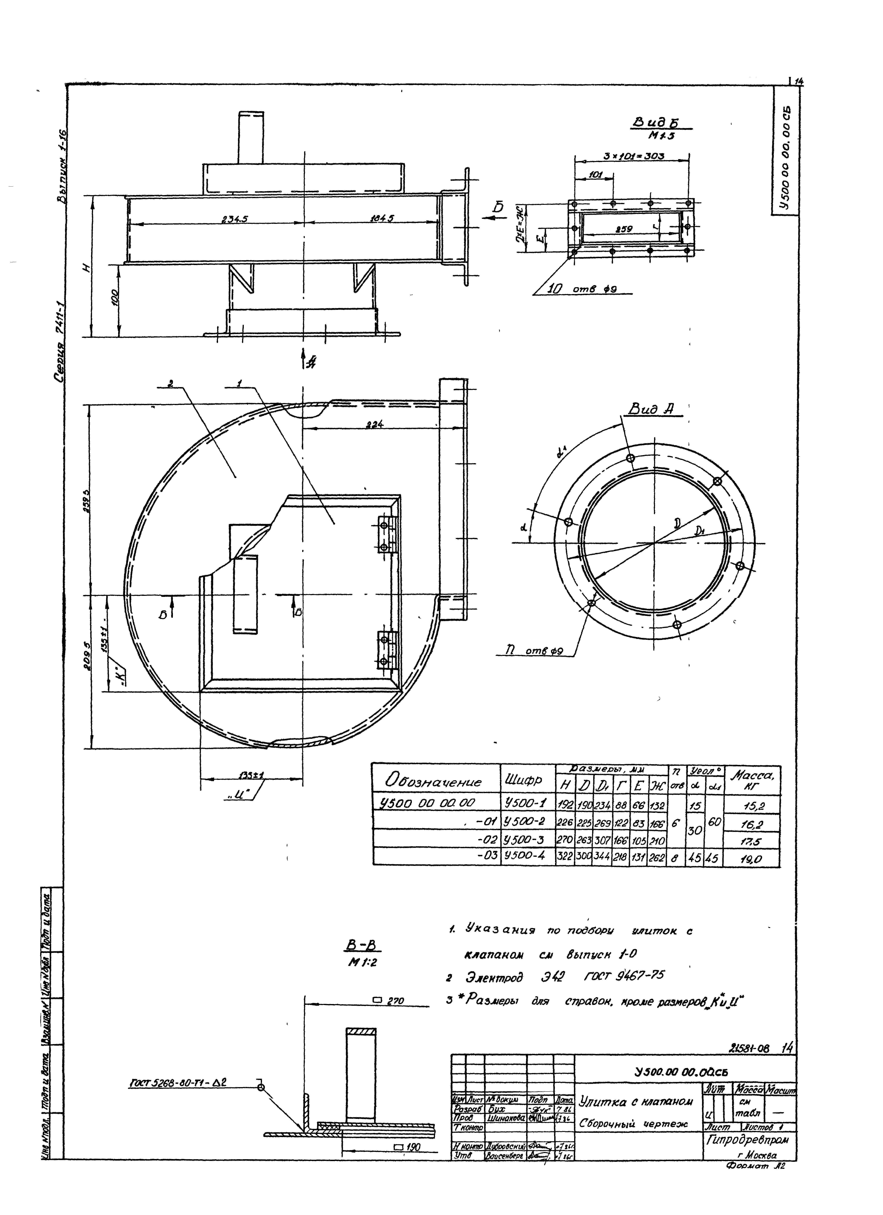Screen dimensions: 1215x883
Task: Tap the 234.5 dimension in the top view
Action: [x=235, y=219]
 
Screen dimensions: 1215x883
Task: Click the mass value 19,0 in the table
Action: [x=752, y=859]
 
